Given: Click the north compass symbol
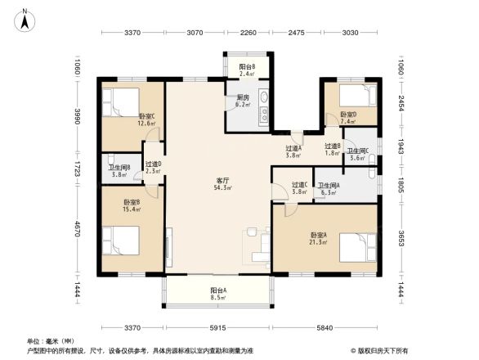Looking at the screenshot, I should [x=26, y=18].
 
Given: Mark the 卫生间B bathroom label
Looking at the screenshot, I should [x=119, y=170].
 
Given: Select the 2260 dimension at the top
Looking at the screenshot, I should [x=248, y=33].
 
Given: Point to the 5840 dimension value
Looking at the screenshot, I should [x=325, y=328].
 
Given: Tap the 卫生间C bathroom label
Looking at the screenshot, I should [x=357, y=154].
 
